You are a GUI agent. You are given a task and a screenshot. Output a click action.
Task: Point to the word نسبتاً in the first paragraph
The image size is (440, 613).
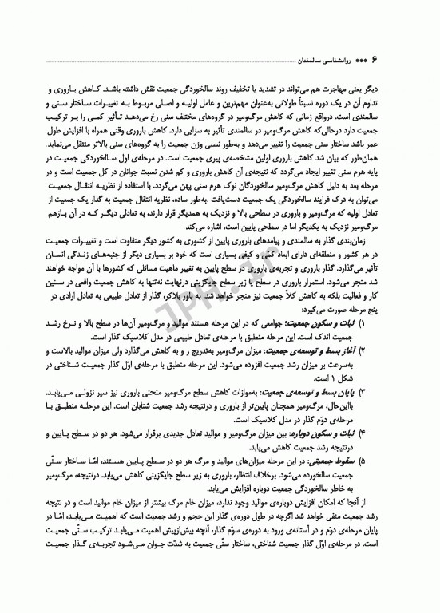pyautogui.click(x=243, y=93)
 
